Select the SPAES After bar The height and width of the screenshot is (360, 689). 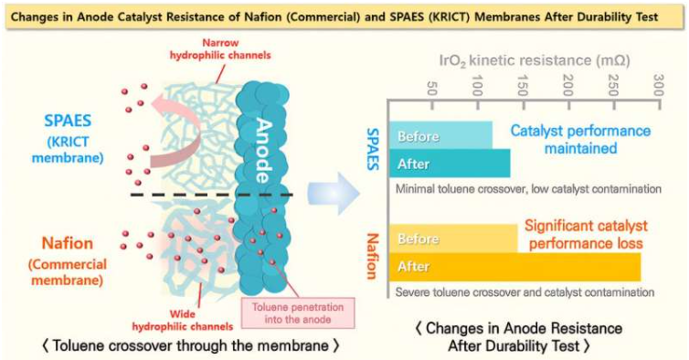click(x=449, y=164)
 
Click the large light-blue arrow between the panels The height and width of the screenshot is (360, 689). click(x=330, y=193)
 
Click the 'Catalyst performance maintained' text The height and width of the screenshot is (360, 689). click(x=580, y=139)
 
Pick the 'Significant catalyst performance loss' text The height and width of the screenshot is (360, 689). click(x=586, y=235)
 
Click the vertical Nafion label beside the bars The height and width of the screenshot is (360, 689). click(x=372, y=250)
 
